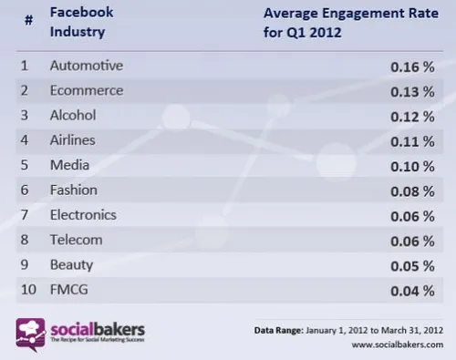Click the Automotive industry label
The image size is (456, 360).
coord(86,67)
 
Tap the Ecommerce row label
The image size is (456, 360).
coord(87,92)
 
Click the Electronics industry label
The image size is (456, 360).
coord(84,215)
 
